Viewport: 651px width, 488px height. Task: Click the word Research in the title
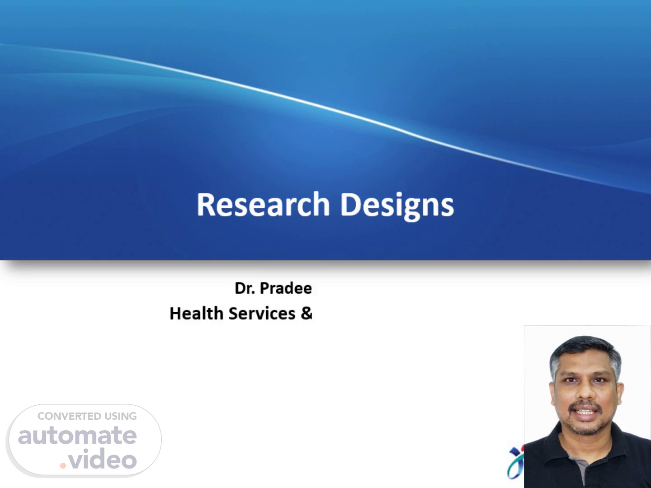pos(263,204)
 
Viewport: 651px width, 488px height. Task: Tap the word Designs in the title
pos(397,206)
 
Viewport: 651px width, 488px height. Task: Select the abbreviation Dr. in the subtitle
pos(245,288)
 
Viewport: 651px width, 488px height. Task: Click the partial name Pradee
pos(286,288)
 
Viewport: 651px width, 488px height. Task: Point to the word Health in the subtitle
pos(196,313)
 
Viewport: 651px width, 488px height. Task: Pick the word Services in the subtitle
pos(262,313)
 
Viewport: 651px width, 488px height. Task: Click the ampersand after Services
pos(307,313)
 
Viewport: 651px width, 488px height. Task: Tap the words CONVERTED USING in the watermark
pos(87,416)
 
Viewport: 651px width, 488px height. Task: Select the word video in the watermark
pos(102,458)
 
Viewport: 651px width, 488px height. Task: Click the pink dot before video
pos(63,465)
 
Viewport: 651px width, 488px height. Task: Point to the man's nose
pos(585,394)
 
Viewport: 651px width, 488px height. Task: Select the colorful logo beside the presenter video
pos(515,463)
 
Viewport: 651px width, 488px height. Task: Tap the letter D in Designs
pos(351,204)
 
